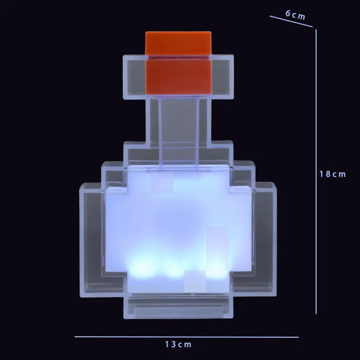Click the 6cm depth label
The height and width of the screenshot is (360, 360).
[295, 14]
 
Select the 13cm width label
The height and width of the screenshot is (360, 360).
[177, 345]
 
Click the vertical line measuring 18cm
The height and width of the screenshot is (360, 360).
[316, 171]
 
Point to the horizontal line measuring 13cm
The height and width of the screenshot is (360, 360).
[186, 337]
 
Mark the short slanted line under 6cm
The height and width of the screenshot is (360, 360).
[291, 22]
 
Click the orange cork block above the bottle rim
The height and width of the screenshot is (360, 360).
[178, 43]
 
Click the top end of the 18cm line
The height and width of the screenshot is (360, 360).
[316, 30]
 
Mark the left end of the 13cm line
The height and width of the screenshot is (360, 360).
[76, 337]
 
